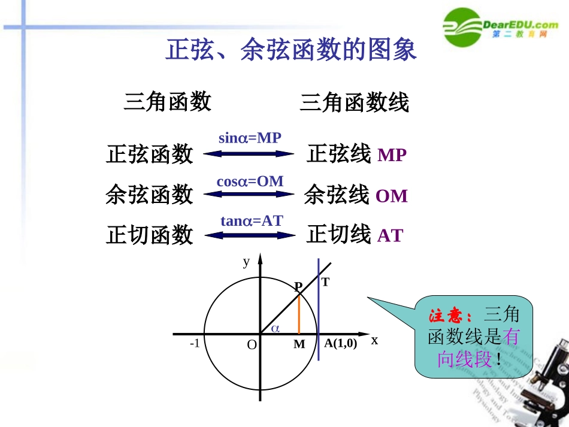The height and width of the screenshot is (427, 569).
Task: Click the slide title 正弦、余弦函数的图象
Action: pyautogui.click(x=290, y=51)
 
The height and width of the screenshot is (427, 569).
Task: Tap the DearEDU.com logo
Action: pyautogui.click(x=501, y=28)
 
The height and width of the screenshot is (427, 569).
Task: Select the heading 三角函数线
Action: pyautogui.click(x=354, y=102)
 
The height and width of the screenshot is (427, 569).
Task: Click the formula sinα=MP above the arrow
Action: pyautogui.click(x=250, y=138)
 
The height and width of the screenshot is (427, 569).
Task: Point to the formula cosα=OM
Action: pyautogui.click(x=250, y=181)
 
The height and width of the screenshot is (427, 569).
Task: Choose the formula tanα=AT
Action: pyautogui.click(x=251, y=221)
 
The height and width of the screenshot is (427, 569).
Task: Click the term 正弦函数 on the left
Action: pyautogui.click(x=149, y=154)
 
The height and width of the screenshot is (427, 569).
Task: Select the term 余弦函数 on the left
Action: pyautogui.click(x=149, y=195)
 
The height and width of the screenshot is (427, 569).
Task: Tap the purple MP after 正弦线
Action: pyautogui.click(x=392, y=156)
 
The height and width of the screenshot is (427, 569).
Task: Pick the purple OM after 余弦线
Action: pyautogui.click(x=392, y=196)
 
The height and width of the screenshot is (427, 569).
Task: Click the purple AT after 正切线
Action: pyautogui.click(x=390, y=236)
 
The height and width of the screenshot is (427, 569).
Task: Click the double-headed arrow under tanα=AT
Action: pyautogui.click(x=250, y=234)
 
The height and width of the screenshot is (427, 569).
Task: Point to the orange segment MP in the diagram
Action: pyautogui.click(x=299, y=314)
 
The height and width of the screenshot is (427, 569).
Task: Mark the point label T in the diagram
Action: pyautogui.click(x=325, y=282)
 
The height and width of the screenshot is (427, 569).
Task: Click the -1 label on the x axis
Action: pyautogui.click(x=194, y=344)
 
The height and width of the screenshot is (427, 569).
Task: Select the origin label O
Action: pyautogui.click(x=252, y=345)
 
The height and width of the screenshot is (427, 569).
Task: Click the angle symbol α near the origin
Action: pyautogui.click(x=276, y=328)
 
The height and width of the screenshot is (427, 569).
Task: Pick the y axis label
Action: pyautogui.click(x=246, y=262)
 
